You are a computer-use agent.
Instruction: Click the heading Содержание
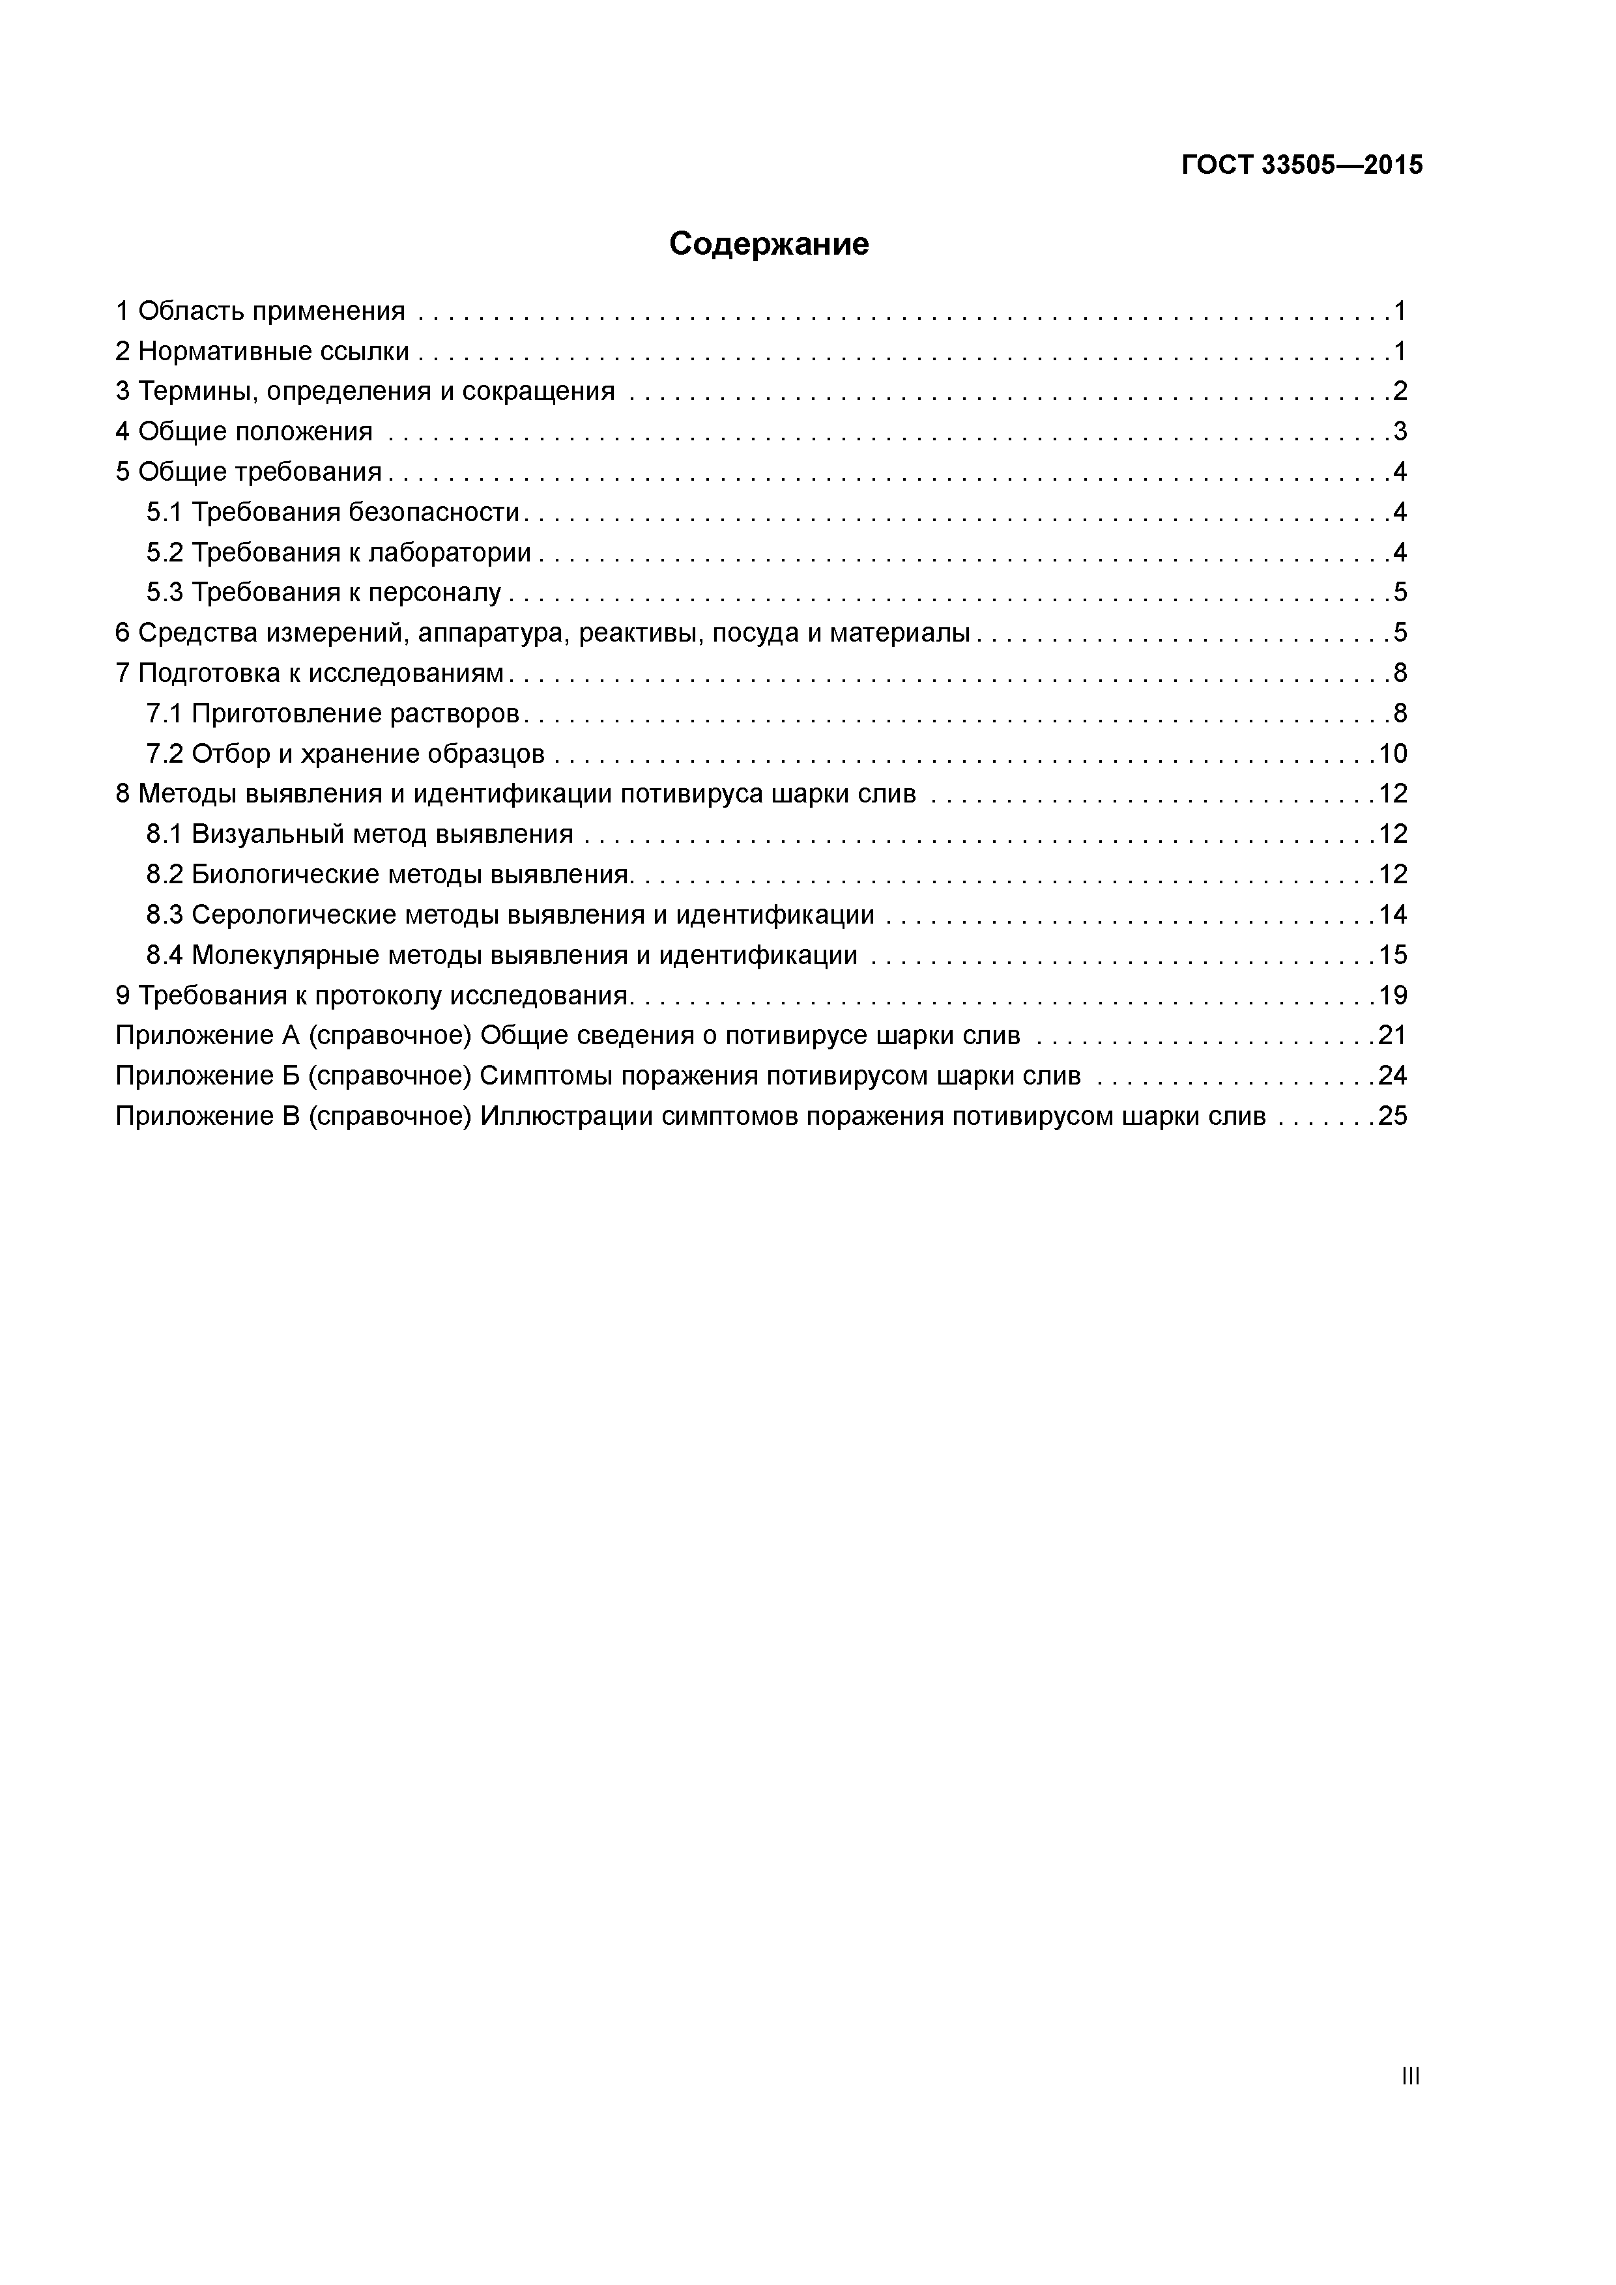(769, 244)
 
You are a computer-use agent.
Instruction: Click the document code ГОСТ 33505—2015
(1301, 165)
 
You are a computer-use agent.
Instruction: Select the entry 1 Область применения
(261, 311)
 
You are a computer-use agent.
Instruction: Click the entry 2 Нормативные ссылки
(263, 351)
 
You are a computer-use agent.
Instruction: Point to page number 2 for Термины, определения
(1400, 391)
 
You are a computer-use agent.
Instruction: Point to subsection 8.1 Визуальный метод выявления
(360, 834)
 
